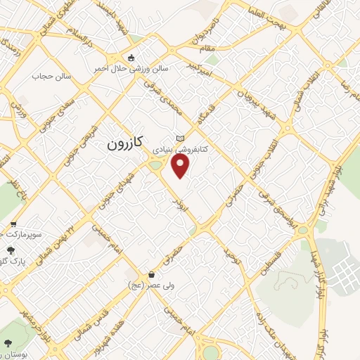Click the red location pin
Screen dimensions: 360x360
click(181, 166)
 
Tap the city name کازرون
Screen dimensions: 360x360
click(125, 144)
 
